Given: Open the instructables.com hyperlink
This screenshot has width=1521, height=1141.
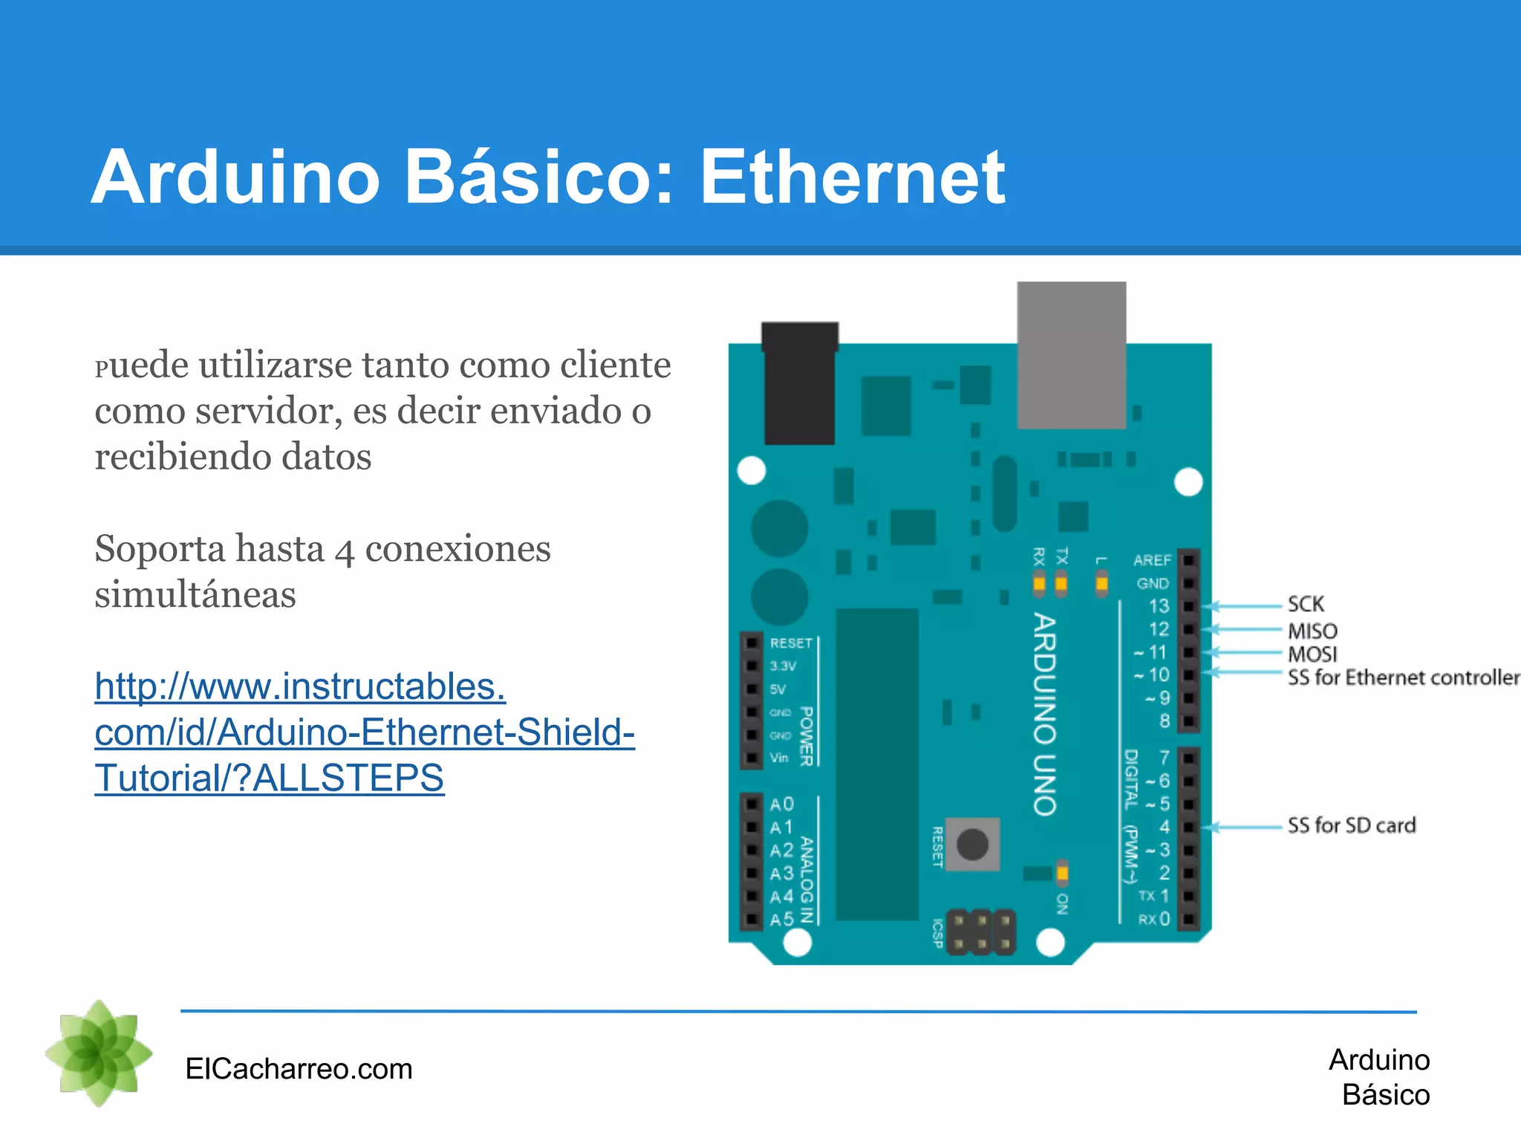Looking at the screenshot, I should pyautogui.click(x=364, y=732).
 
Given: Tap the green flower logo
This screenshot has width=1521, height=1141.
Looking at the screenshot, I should pyautogui.click(x=99, y=1053).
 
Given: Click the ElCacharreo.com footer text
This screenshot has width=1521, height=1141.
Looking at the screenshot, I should pyautogui.click(x=299, y=1069).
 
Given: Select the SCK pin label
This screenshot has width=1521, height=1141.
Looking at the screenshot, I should pyautogui.click(x=1306, y=604).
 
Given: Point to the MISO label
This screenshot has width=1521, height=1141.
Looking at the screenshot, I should pyautogui.click(x=1312, y=631).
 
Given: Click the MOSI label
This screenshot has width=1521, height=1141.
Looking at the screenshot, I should pyautogui.click(x=1312, y=654).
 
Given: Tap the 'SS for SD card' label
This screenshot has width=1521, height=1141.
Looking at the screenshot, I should pyautogui.click(x=1352, y=825).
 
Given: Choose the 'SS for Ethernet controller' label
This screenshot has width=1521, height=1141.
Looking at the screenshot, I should pyautogui.click(x=1403, y=677).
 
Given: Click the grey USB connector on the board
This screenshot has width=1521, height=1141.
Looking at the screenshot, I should pyautogui.click(x=1071, y=355).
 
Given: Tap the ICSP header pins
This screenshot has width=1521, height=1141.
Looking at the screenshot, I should pyautogui.click(x=981, y=932).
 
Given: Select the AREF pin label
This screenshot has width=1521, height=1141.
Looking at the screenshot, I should pyautogui.click(x=1152, y=560).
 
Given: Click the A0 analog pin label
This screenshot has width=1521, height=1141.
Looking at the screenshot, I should pyautogui.click(x=782, y=804).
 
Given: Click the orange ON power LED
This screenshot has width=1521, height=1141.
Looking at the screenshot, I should pyautogui.click(x=1062, y=873).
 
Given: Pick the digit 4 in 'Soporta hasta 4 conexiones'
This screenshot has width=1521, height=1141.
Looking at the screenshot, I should pyautogui.click(x=343, y=550).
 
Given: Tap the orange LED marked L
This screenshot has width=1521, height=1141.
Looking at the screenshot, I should pyautogui.click(x=1101, y=584).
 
